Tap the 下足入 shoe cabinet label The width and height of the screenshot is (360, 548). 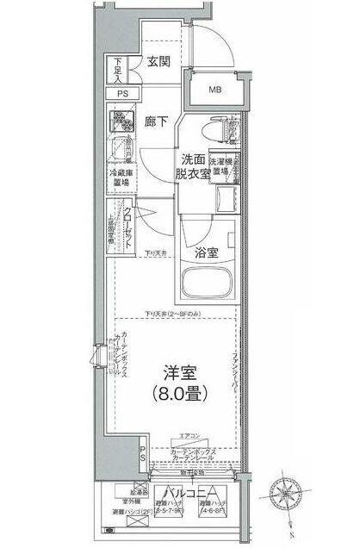point(119,70)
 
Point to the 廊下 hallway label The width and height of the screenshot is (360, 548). point(156,121)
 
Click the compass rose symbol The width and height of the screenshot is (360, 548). point(289,493)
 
